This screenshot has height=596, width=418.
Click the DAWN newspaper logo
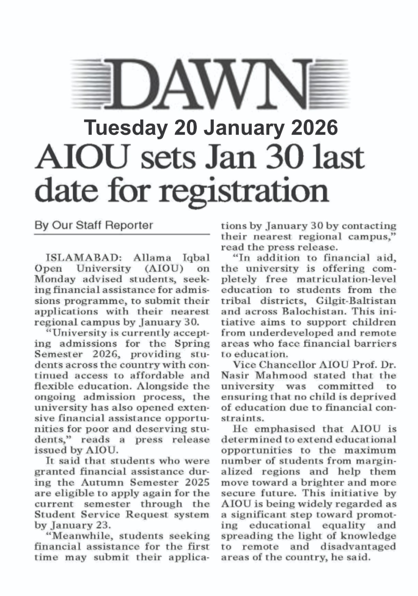(210, 84)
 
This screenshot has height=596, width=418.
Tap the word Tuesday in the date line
(125, 128)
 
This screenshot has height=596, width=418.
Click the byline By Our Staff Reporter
(93, 225)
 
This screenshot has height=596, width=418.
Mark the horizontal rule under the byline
(122, 234)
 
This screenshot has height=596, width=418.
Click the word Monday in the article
(53, 279)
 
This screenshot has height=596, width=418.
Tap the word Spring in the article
(192, 343)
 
